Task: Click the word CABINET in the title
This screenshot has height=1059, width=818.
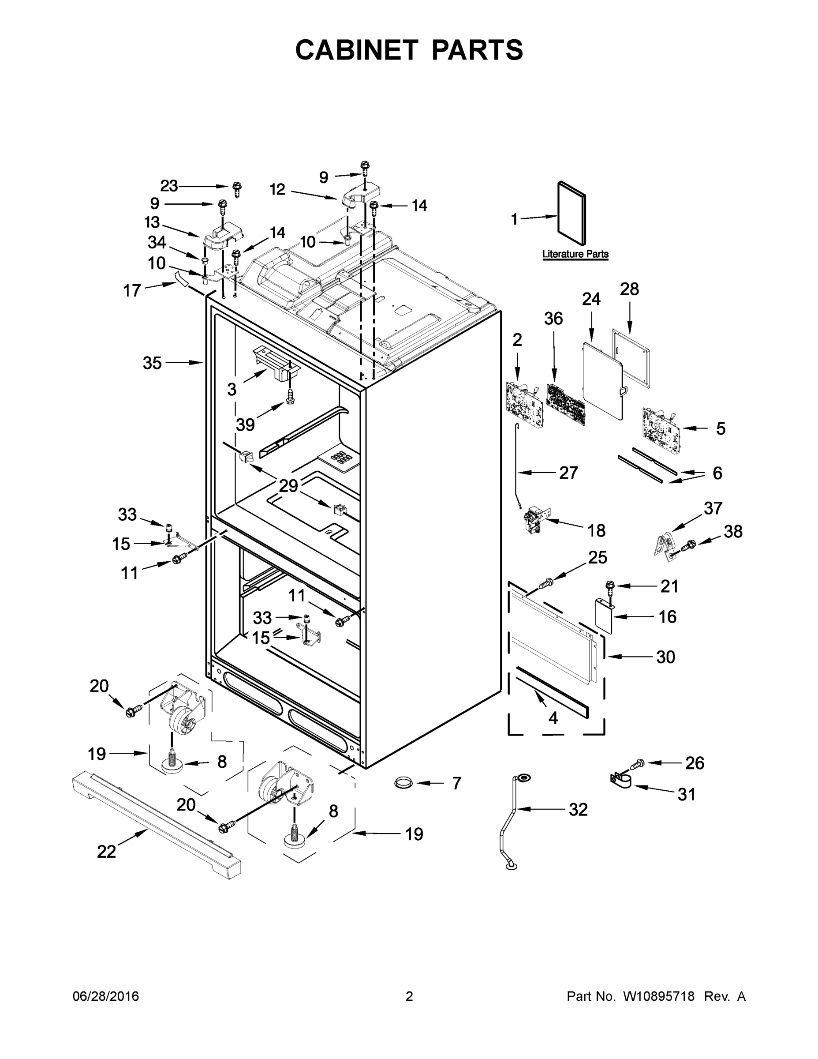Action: [x=357, y=50]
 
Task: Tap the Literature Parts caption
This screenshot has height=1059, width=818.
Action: [x=575, y=254]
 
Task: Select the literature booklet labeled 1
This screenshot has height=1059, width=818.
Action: [x=572, y=214]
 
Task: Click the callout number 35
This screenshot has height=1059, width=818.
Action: [x=152, y=363]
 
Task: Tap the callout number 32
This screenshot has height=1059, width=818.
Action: [x=578, y=809]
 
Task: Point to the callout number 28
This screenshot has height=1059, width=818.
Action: [x=630, y=289]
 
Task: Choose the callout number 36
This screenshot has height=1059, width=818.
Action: [x=553, y=319]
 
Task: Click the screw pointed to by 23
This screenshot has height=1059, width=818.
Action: [x=237, y=188]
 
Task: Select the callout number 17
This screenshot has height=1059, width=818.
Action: [x=132, y=291]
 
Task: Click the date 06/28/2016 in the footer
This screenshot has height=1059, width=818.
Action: [x=106, y=996]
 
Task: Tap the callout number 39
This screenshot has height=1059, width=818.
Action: [x=245, y=425]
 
